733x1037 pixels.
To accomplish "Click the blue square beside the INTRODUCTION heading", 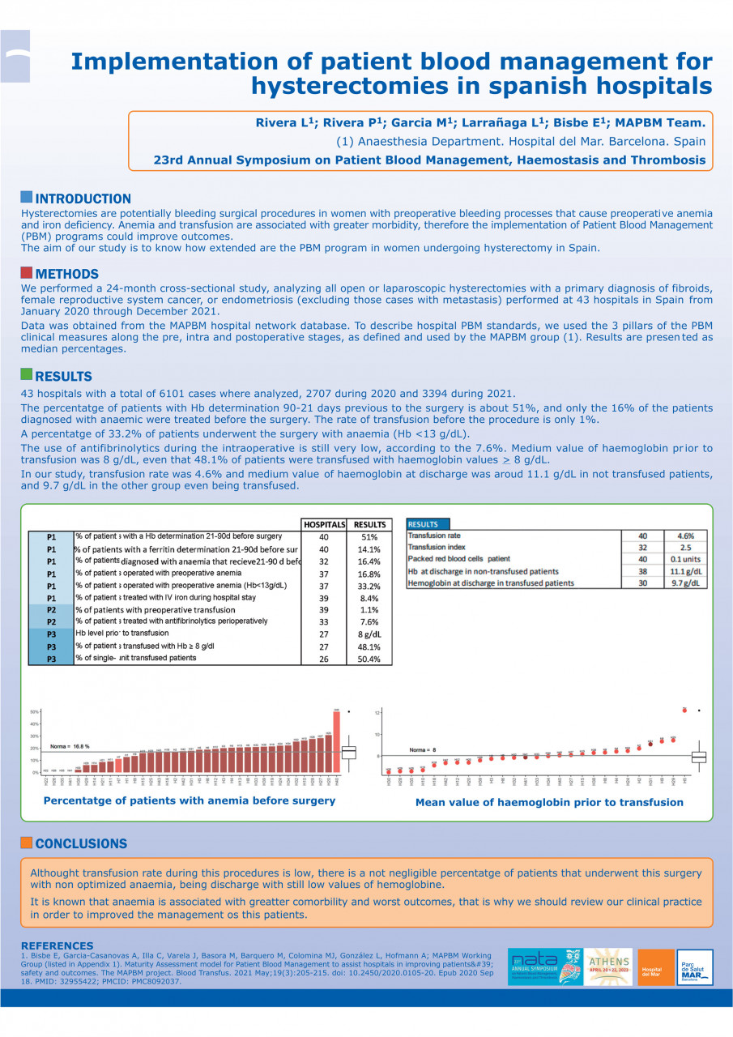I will (x=26, y=198).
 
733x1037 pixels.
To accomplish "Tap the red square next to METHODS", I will (x=26, y=273).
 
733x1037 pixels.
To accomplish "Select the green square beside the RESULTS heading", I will (x=26, y=374).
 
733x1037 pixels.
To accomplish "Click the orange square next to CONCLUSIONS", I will (x=26, y=843).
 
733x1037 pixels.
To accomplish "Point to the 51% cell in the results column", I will (x=369, y=537).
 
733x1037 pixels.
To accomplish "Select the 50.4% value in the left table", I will (x=369, y=659).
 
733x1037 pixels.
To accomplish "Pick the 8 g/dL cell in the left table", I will (x=369, y=634).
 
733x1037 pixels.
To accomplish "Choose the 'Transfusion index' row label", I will (x=436, y=548).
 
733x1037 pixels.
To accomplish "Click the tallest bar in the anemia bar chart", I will (x=336, y=741).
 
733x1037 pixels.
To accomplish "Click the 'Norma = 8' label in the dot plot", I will (x=423, y=749).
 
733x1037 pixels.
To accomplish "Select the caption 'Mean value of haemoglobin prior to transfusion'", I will (x=549, y=802).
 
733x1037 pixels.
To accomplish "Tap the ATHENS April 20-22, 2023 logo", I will (x=607, y=967).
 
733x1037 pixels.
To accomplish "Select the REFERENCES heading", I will (x=57, y=945).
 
